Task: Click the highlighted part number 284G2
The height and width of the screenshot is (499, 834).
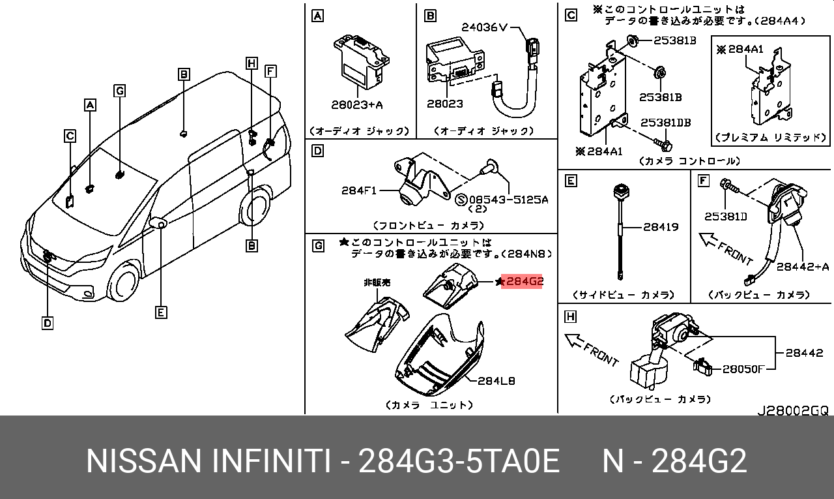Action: pyautogui.click(x=521, y=281)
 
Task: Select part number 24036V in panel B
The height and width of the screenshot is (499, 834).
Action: pyautogui.click(x=484, y=27)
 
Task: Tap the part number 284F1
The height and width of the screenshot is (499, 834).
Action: pyautogui.click(x=358, y=191)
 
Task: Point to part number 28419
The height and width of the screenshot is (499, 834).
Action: pyautogui.click(x=661, y=227)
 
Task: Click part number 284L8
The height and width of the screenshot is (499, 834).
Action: pyautogui.click(x=496, y=381)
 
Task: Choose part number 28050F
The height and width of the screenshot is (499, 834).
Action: pyautogui.click(x=743, y=369)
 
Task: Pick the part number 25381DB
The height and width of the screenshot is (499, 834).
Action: pyautogui.click(x=666, y=123)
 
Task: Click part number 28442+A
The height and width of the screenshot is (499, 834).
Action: pyautogui.click(x=802, y=267)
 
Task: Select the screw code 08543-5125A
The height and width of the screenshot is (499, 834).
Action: pyautogui.click(x=509, y=200)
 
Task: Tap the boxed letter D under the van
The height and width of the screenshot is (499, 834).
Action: pyautogui.click(x=48, y=323)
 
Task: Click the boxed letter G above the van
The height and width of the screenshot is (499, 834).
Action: pyautogui.click(x=119, y=91)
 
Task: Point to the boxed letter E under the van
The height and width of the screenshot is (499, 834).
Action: pyautogui.click(x=161, y=312)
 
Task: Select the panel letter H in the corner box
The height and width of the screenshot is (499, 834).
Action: pyautogui.click(x=570, y=317)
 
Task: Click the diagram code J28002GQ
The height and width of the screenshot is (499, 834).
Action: pyautogui.click(x=794, y=411)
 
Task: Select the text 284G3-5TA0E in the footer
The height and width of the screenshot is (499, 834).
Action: pyautogui.click(x=459, y=461)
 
